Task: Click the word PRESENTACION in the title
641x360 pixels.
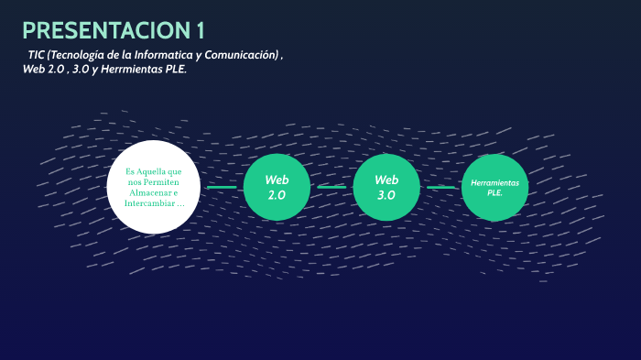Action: click(x=107, y=30)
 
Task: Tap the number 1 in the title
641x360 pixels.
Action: click(x=201, y=30)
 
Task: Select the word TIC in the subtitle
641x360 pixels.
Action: click(x=36, y=55)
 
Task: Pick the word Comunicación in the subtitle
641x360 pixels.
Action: click(x=242, y=55)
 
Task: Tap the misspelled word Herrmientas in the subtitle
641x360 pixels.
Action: click(x=132, y=69)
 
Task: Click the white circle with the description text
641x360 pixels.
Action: click(x=153, y=187)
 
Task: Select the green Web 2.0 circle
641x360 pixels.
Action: click(x=277, y=187)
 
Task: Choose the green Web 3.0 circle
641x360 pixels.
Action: click(x=386, y=187)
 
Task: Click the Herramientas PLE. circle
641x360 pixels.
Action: click(x=494, y=188)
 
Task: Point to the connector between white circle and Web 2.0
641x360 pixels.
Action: click(x=222, y=188)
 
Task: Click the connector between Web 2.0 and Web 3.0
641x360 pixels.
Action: click(x=331, y=188)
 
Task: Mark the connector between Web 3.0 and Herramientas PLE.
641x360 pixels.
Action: click(x=440, y=188)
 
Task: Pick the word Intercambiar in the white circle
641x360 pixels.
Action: click(x=149, y=203)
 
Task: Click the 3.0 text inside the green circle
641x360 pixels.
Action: click(x=386, y=195)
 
